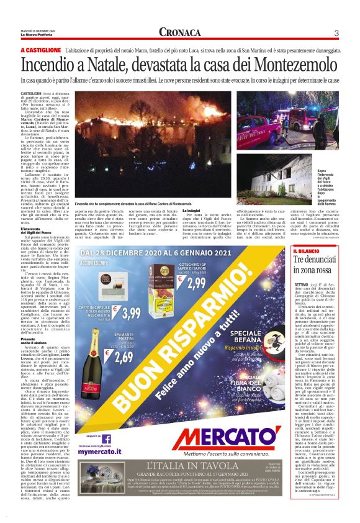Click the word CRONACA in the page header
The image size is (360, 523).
coord(179,32)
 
